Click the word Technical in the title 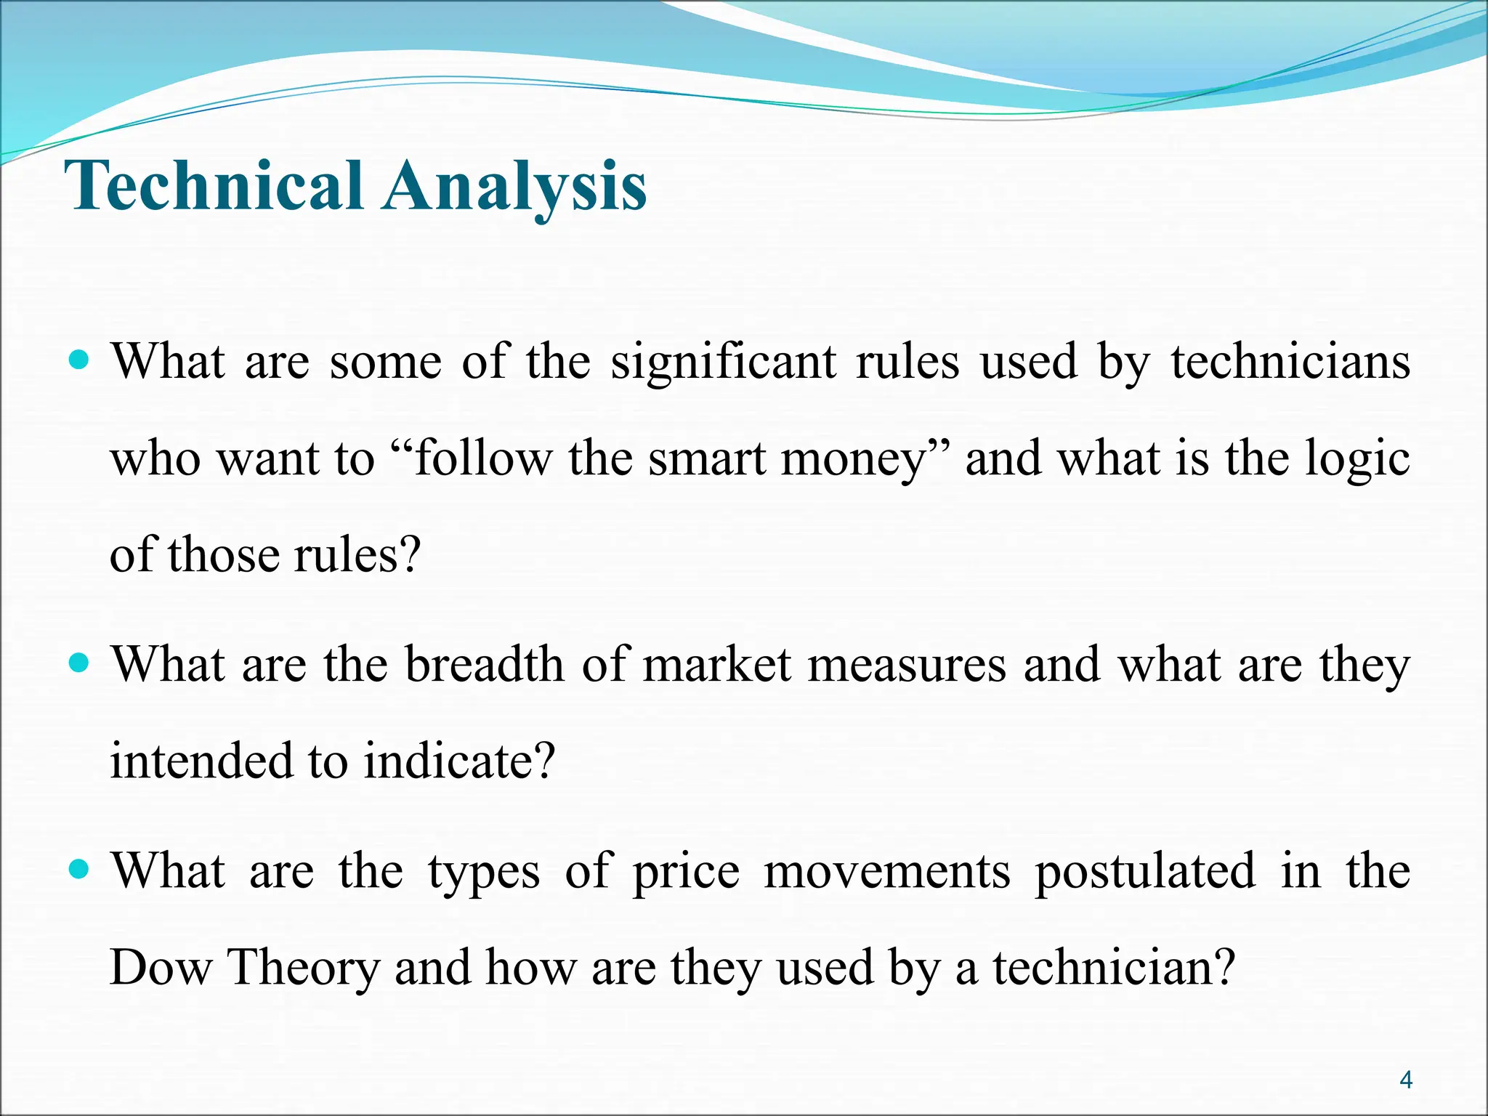tap(214, 187)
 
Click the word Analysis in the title tap(515, 187)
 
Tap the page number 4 tap(1405, 1080)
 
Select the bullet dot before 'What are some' tap(78, 360)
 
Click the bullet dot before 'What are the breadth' tap(78, 663)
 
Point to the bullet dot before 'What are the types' tap(78, 869)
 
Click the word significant tap(724, 361)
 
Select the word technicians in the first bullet tap(1290, 361)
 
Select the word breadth tap(484, 664)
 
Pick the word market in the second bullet tap(716, 664)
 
